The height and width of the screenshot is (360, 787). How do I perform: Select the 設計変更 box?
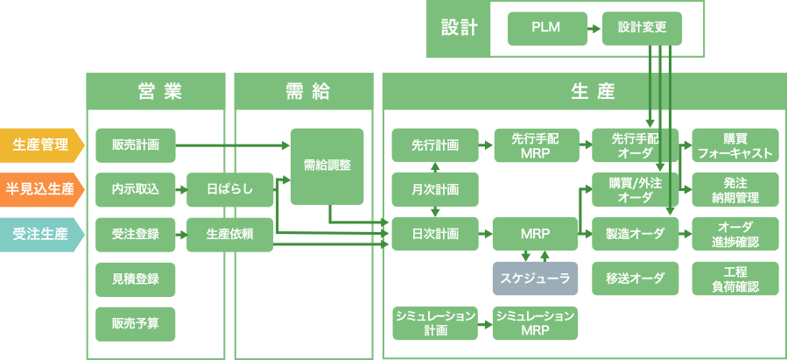642,28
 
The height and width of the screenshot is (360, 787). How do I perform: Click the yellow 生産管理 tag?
40,145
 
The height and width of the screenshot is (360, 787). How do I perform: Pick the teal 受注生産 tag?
40,234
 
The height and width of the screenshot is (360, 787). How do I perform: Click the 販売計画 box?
135,145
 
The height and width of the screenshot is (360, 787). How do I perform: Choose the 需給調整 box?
327,166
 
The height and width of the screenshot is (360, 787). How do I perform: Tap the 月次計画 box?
435,189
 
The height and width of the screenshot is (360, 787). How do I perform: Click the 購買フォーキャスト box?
734,145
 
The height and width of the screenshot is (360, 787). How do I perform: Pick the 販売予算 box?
135,323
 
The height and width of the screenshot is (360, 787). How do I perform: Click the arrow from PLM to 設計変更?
594,28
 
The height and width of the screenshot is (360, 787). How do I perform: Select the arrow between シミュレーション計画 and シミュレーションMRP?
484,323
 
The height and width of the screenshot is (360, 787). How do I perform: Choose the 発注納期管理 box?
734,189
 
